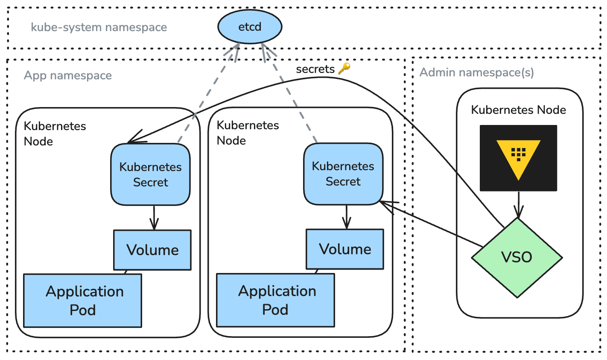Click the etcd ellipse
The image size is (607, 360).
pos(250,27)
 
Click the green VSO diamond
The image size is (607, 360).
pos(517,258)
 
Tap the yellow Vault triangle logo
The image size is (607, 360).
pos(518,158)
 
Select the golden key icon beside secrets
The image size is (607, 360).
pos(344,68)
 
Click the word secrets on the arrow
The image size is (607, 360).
pos(315,69)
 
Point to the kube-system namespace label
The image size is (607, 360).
pos(99,27)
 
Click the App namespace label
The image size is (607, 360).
pos(68,75)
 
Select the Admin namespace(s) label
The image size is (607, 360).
pos(476,73)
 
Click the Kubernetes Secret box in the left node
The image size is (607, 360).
pos(150,174)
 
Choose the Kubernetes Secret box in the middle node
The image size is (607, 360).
pos(343,174)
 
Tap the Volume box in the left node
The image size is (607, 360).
pos(152,250)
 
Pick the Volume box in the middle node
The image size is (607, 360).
pos(345,249)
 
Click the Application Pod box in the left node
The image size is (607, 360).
pos(83,301)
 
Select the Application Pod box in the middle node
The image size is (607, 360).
pos(276,300)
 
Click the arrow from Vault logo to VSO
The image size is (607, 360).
pos(518,205)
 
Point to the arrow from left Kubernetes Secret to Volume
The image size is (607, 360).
pos(154,218)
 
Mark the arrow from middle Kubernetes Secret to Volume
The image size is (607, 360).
pos(347,217)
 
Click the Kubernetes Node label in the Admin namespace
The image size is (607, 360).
pos(518,110)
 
